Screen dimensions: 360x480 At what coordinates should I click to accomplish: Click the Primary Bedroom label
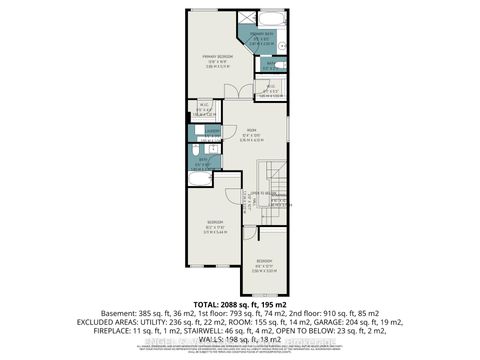coord(212,57)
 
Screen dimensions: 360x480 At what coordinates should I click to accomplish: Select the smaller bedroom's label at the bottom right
coord(262,263)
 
